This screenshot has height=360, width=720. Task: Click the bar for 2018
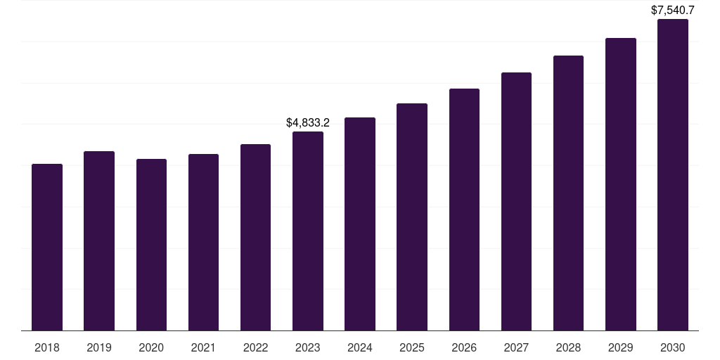(x=47, y=247)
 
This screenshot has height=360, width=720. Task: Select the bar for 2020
(x=151, y=245)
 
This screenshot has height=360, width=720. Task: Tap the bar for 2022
(x=255, y=238)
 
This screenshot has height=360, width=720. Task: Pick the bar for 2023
(x=308, y=231)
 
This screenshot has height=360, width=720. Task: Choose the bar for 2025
(x=412, y=217)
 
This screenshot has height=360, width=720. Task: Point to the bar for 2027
(x=516, y=202)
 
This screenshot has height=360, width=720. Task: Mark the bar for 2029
(x=621, y=184)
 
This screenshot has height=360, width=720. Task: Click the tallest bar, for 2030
(x=673, y=175)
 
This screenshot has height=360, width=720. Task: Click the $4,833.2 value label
(x=308, y=122)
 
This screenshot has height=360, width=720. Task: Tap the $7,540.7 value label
(x=673, y=11)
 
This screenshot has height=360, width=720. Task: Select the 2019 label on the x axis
(x=99, y=347)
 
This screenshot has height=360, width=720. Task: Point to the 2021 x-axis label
(x=203, y=347)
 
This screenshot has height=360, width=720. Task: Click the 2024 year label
(x=360, y=347)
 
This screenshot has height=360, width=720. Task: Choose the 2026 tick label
(x=464, y=347)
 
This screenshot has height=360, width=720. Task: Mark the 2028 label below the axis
(x=568, y=347)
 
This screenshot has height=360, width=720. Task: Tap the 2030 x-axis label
(x=673, y=347)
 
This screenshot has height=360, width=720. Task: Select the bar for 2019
(x=99, y=241)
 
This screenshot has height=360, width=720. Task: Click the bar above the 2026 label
(x=464, y=210)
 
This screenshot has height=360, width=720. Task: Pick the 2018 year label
(x=47, y=347)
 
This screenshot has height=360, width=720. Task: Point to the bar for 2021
(x=203, y=243)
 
